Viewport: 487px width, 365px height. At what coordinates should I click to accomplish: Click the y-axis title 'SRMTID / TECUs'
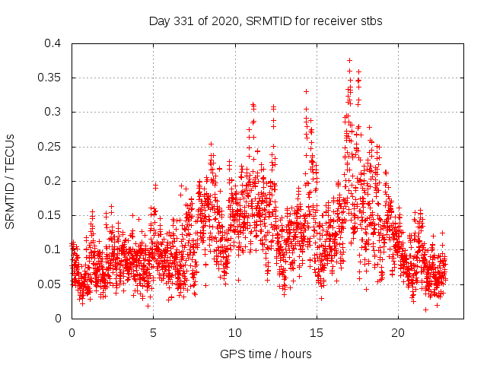point(11,181)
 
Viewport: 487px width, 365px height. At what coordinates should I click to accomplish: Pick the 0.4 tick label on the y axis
point(53,43)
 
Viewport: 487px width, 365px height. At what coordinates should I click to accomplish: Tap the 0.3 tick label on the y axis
point(53,112)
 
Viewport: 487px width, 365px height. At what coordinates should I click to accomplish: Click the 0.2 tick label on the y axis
point(53,181)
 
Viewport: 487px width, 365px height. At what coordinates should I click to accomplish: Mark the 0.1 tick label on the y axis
point(53,249)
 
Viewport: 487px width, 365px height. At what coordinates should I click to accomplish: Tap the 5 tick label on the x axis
point(153,332)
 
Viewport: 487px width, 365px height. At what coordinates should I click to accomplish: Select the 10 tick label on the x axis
point(235,332)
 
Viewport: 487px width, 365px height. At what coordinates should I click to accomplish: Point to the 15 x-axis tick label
point(317,332)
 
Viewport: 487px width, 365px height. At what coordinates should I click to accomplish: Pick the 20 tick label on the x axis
point(398,332)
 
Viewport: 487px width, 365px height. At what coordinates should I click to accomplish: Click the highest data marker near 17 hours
point(349,60)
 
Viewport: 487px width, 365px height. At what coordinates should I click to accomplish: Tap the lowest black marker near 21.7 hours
point(426,309)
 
